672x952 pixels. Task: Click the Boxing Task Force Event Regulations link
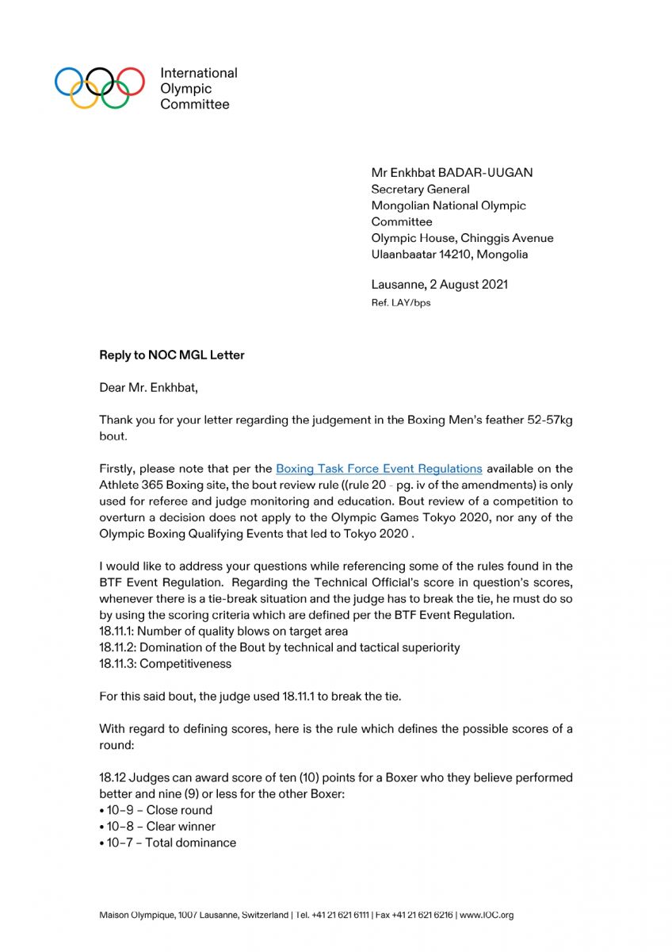379,469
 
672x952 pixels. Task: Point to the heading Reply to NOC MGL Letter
172,355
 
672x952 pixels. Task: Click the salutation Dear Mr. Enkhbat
149,388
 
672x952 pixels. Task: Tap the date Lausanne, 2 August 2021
440,285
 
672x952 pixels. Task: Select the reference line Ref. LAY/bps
401,303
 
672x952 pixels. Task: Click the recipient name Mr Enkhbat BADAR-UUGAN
452,173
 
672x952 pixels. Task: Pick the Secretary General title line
420,190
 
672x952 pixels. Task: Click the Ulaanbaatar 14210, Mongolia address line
449,255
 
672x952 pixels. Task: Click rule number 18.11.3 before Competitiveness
117,663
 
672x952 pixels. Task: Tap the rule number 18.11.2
117,647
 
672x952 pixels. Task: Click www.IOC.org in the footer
487,915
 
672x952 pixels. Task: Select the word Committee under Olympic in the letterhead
195,105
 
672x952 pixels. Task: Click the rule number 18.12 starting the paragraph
112,777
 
